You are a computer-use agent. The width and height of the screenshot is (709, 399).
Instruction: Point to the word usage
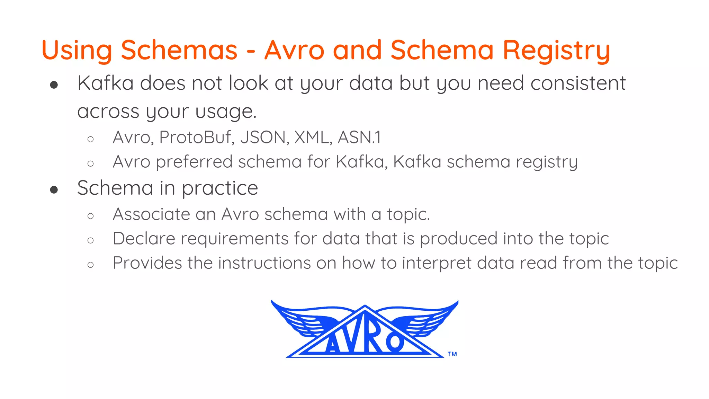click(226, 112)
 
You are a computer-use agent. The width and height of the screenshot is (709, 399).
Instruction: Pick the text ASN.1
click(359, 138)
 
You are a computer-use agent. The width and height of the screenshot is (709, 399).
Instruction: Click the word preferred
click(194, 162)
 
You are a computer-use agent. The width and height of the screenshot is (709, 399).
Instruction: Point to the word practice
click(220, 189)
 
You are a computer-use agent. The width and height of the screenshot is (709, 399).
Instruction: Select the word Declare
click(144, 239)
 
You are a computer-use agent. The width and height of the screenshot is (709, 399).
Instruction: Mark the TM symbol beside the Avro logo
click(452, 354)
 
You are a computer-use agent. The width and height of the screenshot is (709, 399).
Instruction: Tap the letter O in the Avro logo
click(394, 342)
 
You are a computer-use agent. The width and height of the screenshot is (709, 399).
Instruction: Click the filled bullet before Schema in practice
click(54, 189)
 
